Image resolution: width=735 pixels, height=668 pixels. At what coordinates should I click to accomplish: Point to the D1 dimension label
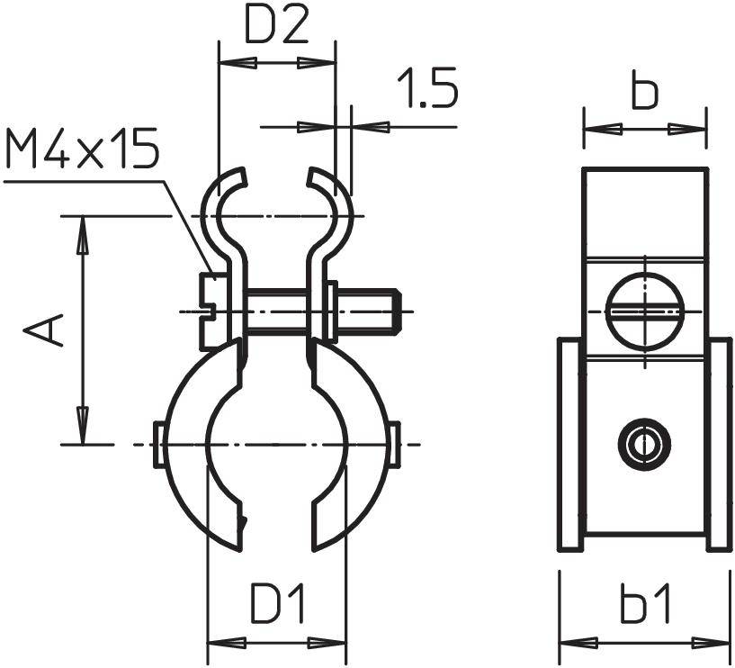coord(277,606)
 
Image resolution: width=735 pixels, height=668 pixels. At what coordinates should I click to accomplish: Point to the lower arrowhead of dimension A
coord(82,427)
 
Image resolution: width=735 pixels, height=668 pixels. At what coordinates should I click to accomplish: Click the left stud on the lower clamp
coord(158,444)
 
